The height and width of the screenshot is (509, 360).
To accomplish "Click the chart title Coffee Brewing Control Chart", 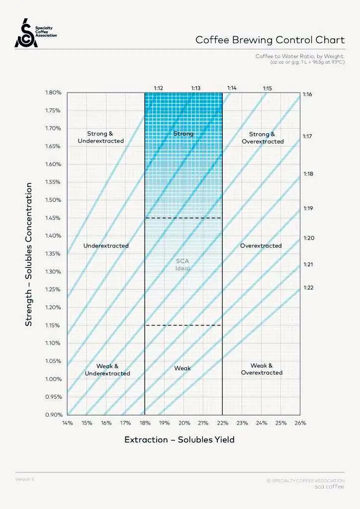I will click(x=270, y=40).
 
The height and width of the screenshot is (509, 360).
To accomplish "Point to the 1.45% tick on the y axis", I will click(x=53, y=218).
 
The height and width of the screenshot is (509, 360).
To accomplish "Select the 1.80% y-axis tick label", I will click(x=53, y=92).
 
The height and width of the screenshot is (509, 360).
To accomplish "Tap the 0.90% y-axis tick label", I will click(x=53, y=415).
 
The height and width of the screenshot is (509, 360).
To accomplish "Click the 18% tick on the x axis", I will click(x=145, y=423).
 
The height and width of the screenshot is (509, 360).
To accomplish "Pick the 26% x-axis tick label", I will click(x=300, y=423).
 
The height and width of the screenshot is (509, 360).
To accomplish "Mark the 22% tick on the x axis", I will click(x=222, y=423).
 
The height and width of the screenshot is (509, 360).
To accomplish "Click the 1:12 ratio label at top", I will click(x=159, y=88).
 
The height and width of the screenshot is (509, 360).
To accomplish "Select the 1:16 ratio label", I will click(x=307, y=94).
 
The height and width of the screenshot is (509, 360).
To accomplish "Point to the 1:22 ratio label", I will click(x=308, y=288).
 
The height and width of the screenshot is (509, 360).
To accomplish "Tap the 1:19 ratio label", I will click(x=308, y=208).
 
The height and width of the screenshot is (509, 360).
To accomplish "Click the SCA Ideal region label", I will click(x=183, y=264).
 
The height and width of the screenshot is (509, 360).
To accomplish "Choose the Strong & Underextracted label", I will click(x=100, y=137).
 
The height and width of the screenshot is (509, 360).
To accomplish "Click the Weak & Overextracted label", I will click(x=262, y=369).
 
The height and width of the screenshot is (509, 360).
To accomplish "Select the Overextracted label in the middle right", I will click(x=261, y=246).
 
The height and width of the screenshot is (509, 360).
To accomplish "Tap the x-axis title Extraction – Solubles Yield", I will click(x=179, y=440).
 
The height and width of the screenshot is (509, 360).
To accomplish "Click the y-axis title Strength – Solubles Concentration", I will click(x=29, y=254).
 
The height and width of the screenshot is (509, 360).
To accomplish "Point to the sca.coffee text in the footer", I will click(x=329, y=487).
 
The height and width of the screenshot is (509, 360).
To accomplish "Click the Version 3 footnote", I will click(x=25, y=479).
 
